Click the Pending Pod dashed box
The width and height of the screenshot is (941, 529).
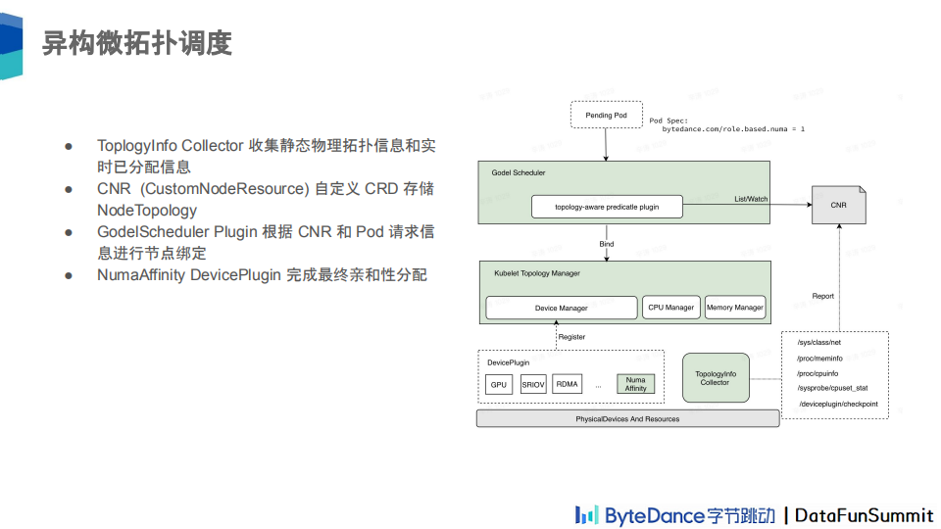606,116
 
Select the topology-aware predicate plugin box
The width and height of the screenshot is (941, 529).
607,208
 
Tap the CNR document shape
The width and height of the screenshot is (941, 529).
838,205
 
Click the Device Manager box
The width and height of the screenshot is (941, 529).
562,308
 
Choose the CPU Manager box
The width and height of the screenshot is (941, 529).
670,308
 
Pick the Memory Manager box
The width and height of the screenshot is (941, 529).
735,308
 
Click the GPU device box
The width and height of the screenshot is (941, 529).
499,385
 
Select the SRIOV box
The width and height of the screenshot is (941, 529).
533,385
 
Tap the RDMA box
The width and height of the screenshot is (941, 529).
568,385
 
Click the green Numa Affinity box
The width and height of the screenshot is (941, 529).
636,384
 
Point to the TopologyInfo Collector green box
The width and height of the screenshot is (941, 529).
715,378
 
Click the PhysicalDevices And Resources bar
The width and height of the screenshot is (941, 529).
627,419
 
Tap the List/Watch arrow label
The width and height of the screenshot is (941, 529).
751,199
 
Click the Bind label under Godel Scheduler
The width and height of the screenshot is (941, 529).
607,243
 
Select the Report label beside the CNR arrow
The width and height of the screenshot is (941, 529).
823,296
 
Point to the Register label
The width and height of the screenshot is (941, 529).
571,337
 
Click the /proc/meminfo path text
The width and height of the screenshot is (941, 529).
819,359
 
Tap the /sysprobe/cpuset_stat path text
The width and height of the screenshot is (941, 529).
832,388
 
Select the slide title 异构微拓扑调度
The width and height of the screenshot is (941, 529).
136,43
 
